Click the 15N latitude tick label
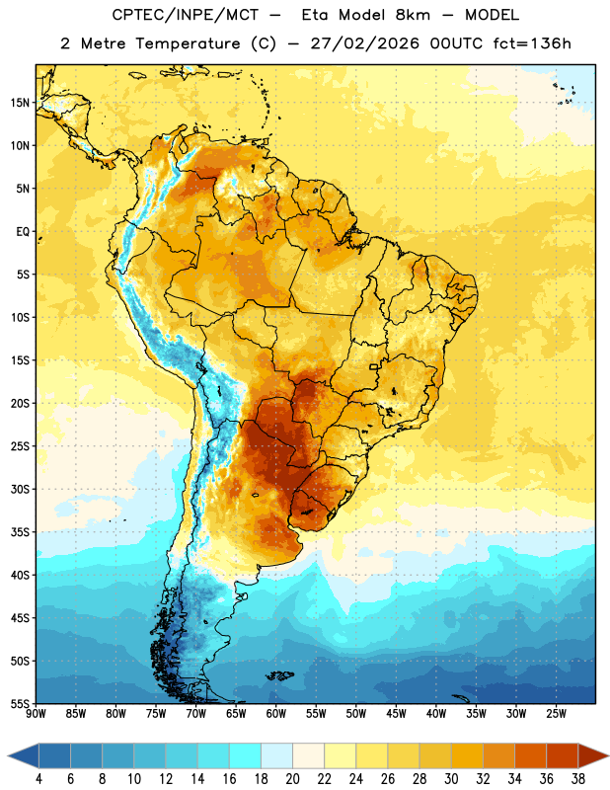pyautogui.click(x=20, y=103)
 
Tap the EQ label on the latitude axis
pyautogui.click(x=23, y=232)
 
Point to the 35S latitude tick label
pyautogui.click(x=20, y=532)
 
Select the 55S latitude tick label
pyautogui.click(x=20, y=703)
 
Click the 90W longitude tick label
pyautogui.click(x=36, y=714)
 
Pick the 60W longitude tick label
pyautogui.click(x=276, y=714)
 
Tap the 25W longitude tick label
pyautogui.click(x=556, y=714)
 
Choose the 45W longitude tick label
pyautogui.click(x=396, y=714)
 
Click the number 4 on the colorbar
pyautogui.click(x=38, y=779)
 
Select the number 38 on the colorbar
pyautogui.click(x=577, y=779)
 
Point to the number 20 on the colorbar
pyautogui.click(x=292, y=779)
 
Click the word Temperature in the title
pyautogui.click(x=188, y=43)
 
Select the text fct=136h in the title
pyautogui.click(x=532, y=43)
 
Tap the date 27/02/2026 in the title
pyautogui.click(x=364, y=43)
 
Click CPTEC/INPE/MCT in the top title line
pyautogui.click(x=186, y=15)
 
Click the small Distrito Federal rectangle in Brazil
pyautogui.click(x=374, y=366)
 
